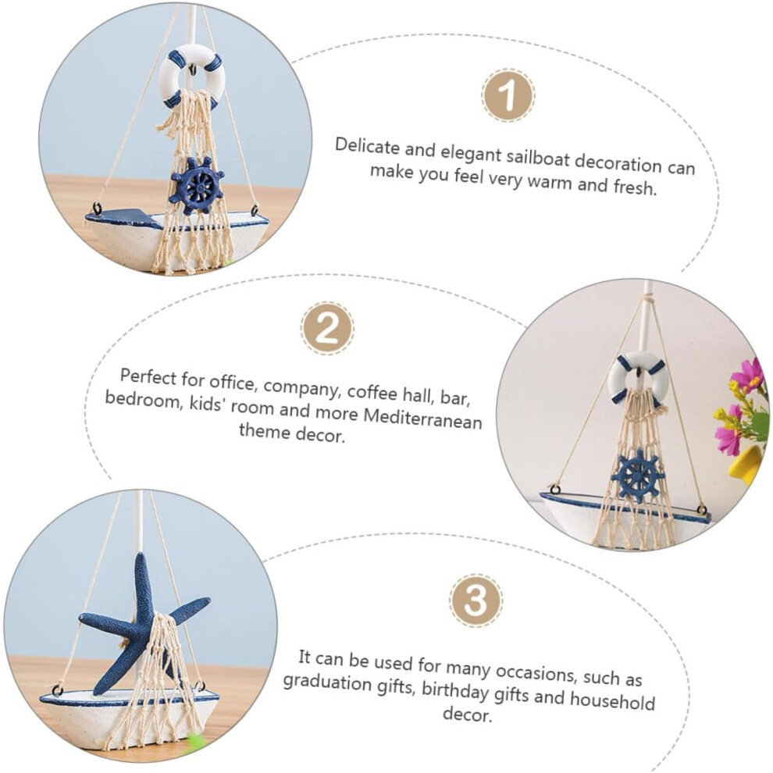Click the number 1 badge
click(x=508, y=95)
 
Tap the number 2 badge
click(x=327, y=328)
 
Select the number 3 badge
click(x=476, y=600)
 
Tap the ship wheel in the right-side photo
click(x=637, y=475)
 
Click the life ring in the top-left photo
click(x=191, y=77)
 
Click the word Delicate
click(x=367, y=147)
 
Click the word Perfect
click(x=148, y=377)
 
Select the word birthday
click(x=455, y=692)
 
